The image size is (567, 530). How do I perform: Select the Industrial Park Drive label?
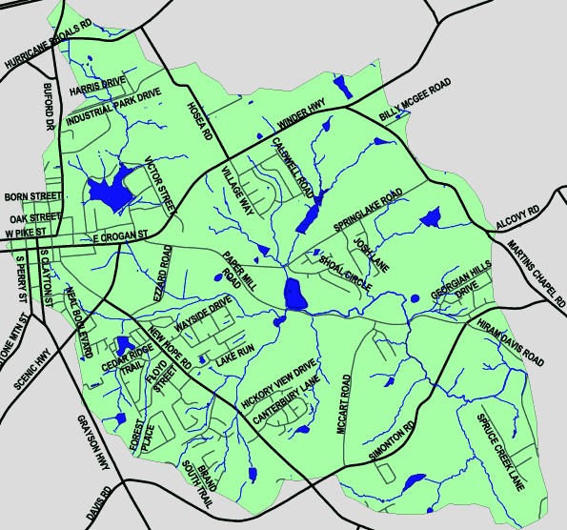113,110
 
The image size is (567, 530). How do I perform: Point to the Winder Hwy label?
302,112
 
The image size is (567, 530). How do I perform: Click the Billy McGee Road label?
415,102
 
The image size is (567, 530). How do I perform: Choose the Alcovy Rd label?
518,217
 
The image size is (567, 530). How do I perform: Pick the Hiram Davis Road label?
512,344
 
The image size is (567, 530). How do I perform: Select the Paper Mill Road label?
233,272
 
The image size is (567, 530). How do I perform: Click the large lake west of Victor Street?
107,191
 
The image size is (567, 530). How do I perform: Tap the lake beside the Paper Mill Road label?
295,296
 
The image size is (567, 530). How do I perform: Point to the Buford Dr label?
48,105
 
